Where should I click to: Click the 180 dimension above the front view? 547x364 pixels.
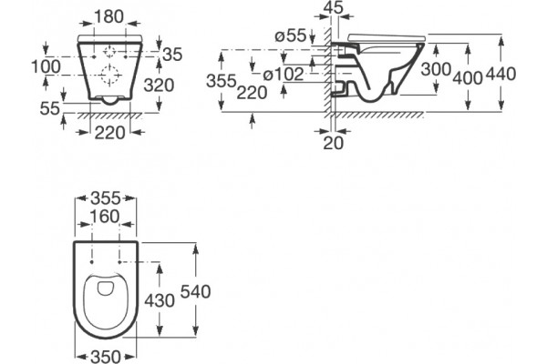pyautogui.click(x=109, y=16)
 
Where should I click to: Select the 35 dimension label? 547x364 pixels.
pyautogui.click(x=172, y=55)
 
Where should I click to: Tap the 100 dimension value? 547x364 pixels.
pyautogui.click(x=46, y=66)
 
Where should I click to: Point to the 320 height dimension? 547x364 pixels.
pyautogui.click(x=159, y=86)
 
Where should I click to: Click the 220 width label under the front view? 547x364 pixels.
pyautogui.click(x=110, y=133)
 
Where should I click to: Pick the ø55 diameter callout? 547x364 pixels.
pyautogui.click(x=291, y=35)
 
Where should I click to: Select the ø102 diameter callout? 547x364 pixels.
pyautogui.click(x=284, y=75)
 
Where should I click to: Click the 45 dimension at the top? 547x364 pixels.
pyautogui.click(x=334, y=7)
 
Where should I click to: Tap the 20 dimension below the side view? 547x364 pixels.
pyautogui.click(x=334, y=143)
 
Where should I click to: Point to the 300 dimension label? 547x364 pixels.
pyautogui.click(x=436, y=69)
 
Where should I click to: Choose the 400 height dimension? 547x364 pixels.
pyautogui.click(x=468, y=77)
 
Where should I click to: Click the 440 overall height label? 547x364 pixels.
pyautogui.click(x=501, y=75)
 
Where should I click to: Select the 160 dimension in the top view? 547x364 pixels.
pyautogui.click(x=105, y=217)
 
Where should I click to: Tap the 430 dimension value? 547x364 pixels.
pyautogui.click(x=160, y=300)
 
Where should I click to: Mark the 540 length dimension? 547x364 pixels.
pyautogui.click(x=195, y=291)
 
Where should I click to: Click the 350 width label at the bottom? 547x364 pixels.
pyautogui.click(x=106, y=357)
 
